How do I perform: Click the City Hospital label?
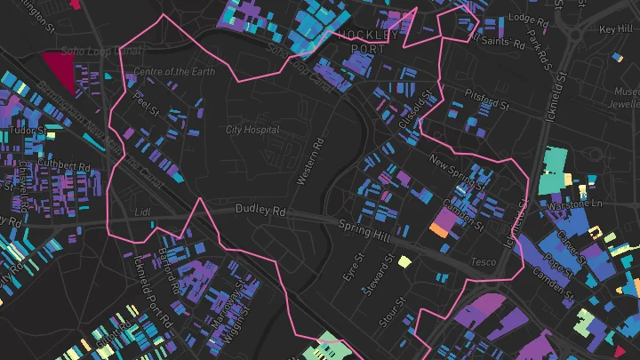(252, 130)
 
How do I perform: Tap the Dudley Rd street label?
(260, 212)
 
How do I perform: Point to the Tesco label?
(483, 262)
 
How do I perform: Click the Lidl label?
(142, 212)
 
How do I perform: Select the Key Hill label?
(616, 29)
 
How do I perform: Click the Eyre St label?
(355, 268)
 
